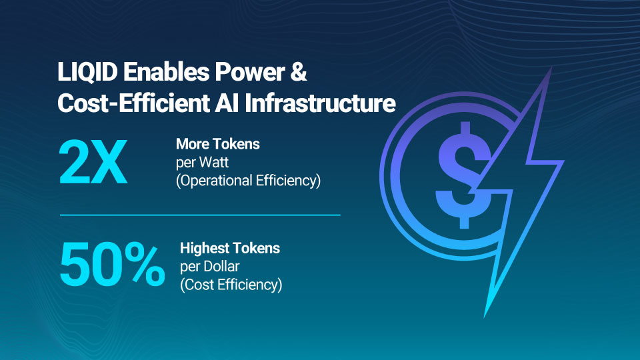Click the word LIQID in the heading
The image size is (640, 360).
coord(87,72)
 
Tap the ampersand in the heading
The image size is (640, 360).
coord(299,71)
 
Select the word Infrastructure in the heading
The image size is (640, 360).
coord(320,103)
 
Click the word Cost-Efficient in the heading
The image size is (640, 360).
coord(133,103)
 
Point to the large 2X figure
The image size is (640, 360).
coord(93,162)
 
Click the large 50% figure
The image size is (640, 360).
coord(112,264)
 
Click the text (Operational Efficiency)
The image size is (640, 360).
coord(248,181)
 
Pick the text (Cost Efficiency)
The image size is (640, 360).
coord(231,285)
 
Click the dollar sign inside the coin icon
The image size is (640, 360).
coord(464,175)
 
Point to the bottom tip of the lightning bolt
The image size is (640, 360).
coord(485,317)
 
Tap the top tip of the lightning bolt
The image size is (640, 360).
coord(551,68)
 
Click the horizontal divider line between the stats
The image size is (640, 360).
coord(200,215)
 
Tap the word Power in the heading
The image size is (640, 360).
coord(250,72)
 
